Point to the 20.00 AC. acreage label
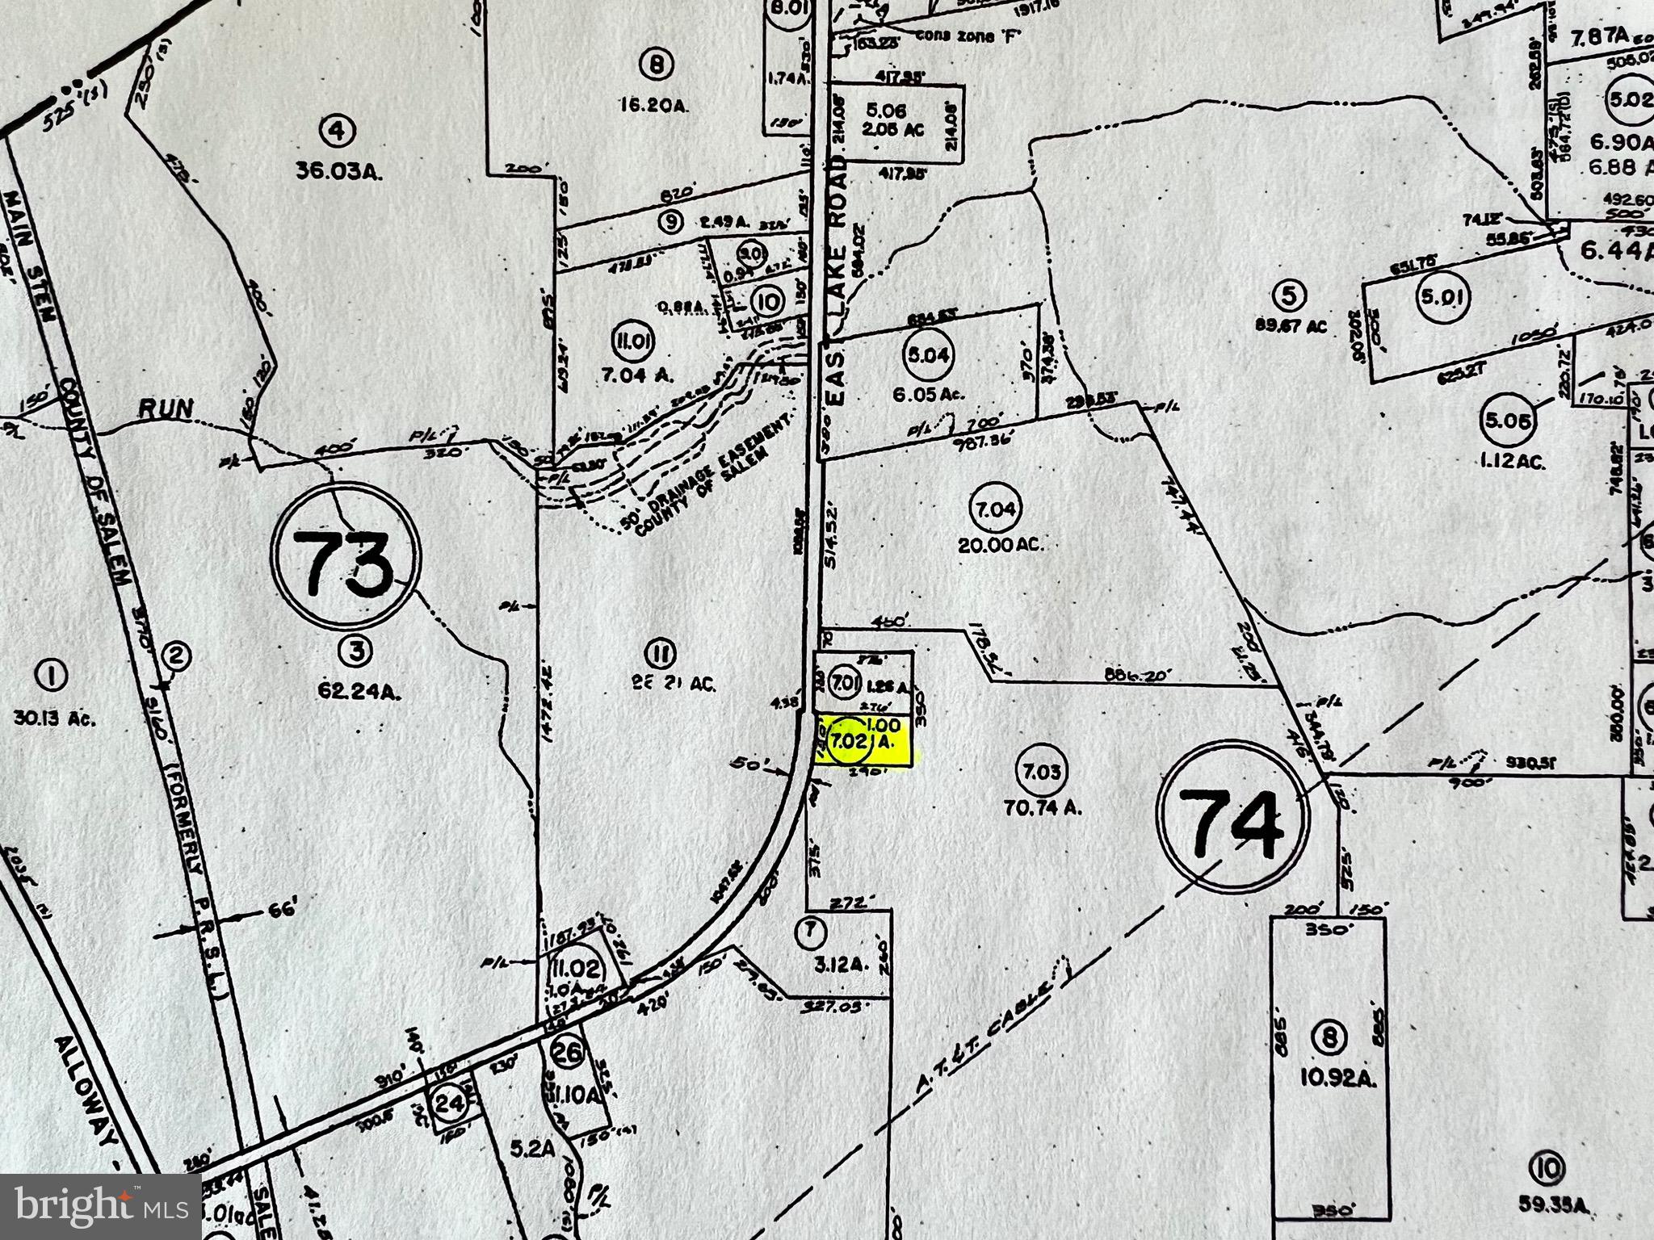click(1001, 544)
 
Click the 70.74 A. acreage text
click(1041, 806)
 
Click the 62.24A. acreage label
click(356, 691)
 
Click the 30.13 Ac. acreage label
click(55, 717)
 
